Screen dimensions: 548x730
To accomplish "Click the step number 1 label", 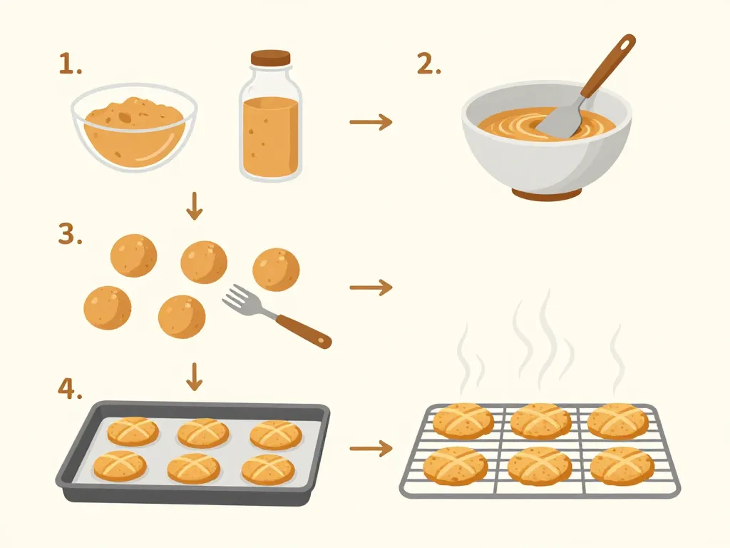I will pyautogui.click(x=70, y=66).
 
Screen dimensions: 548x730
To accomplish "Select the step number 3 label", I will pyautogui.click(x=69, y=234).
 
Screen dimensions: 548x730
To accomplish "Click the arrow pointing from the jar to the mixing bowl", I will pyautogui.click(x=371, y=122).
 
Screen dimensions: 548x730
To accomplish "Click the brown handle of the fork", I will pyautogui.click(x=303, y=330).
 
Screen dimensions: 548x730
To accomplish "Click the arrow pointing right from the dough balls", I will pyautogui.click(x=371, y=287).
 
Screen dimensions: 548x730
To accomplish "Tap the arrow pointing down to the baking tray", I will pyautogui.click(x=194, y=377).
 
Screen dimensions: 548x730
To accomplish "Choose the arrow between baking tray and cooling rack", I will pyautogui.click(x=371, y=448).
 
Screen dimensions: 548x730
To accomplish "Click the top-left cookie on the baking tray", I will pyautogui.click(x=133, y=431).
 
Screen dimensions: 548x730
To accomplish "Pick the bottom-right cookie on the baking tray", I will pyautogui.click(x=268, y=469).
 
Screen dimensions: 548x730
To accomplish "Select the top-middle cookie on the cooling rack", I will pyautogui.click(x=540, y=420).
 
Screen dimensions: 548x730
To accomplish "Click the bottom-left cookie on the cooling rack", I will pyautogui.click(x=456, y=465).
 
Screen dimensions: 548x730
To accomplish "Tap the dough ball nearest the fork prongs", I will pyautogui.click(x=182, y=315).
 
